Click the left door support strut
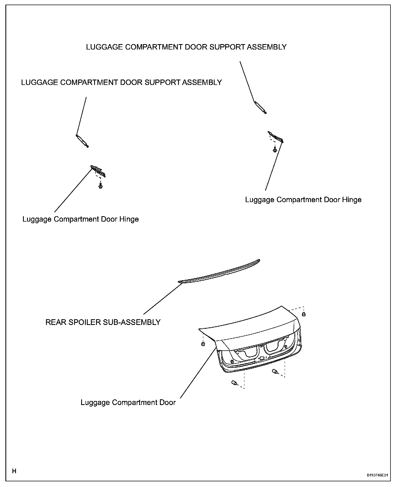[x=82, y=141]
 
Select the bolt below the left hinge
[x=101, y=186]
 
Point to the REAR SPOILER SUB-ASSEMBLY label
[x=103, y=322]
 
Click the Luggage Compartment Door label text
[x=128, y=402]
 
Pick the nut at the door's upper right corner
[x=304, y=314]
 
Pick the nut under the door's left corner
[x=203, y=344]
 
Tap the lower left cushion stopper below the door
[x=234, y=383]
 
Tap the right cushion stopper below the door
[x=275, y=372]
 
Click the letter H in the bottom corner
[x=14, y=471]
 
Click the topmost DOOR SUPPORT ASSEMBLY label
[x=186, y=47]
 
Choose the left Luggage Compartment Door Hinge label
[x=81, y=219]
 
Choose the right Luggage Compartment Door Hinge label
[x=303, y=200]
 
